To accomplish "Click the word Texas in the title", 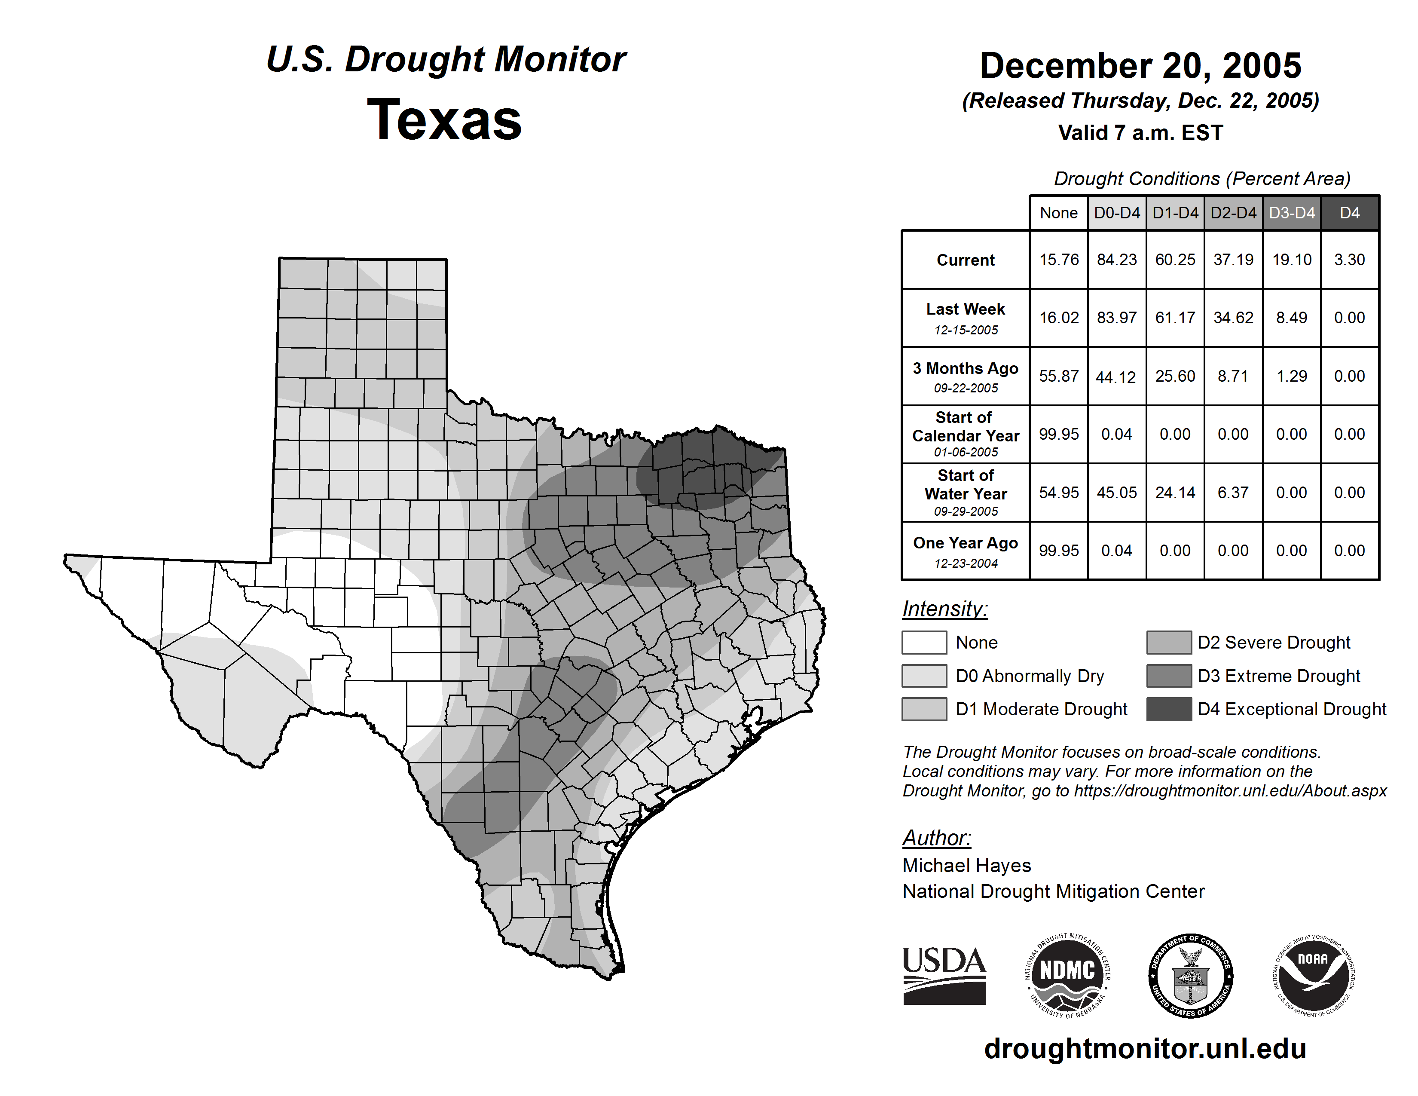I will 445,120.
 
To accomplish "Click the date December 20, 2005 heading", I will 1140,66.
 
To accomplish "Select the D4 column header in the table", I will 1349,213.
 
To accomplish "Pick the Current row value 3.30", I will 1349,260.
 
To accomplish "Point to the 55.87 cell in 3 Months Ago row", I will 1058,376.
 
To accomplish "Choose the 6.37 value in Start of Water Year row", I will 1233,493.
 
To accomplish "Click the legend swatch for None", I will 924,642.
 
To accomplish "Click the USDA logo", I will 944,975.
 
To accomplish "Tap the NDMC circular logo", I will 1067,975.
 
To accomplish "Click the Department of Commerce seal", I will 1190,975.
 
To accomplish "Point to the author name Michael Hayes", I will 966,866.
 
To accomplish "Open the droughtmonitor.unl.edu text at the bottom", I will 1145,1049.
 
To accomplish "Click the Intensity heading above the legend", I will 944,609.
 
